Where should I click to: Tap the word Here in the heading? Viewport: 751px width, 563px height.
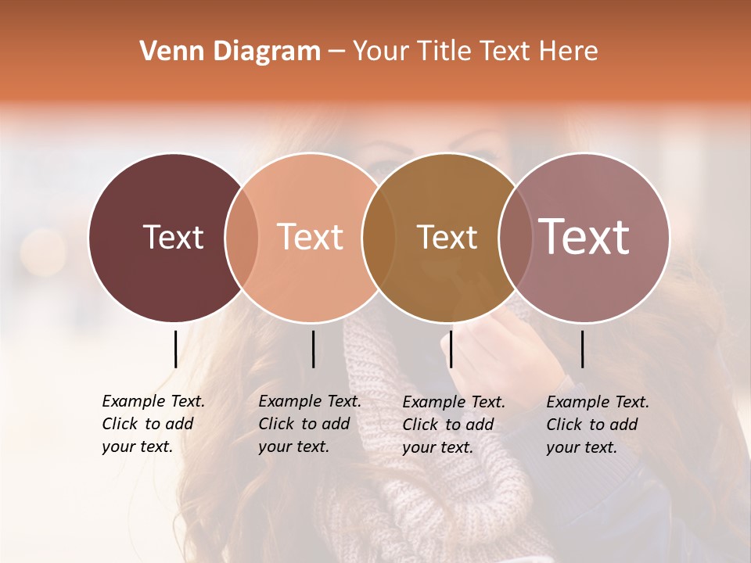(x=570, y=52)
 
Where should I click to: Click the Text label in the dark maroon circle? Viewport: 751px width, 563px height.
(x=173, y=237)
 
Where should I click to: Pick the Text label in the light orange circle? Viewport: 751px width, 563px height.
(x=310, y=237)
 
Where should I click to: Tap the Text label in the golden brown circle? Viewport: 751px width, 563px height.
(x=447, y=237)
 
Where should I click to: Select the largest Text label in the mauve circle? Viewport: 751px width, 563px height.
(x=584, y=236)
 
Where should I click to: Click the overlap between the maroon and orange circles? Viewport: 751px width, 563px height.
(x=242, y=237)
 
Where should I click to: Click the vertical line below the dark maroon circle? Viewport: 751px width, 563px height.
(x=175, y=349)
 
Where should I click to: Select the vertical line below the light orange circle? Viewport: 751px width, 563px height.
(x=313, y=349)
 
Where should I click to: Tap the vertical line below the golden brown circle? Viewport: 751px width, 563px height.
(x=451, y=349)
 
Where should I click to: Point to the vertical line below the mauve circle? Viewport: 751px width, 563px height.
(x=582, y=349)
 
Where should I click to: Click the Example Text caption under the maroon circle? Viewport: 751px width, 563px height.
(x=153, y=424)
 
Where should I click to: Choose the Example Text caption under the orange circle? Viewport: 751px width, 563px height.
(x=309, y=424)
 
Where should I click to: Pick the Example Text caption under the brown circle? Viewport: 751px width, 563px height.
(x=453, y=425)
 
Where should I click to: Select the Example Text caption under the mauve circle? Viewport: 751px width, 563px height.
(x=597, y=425)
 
